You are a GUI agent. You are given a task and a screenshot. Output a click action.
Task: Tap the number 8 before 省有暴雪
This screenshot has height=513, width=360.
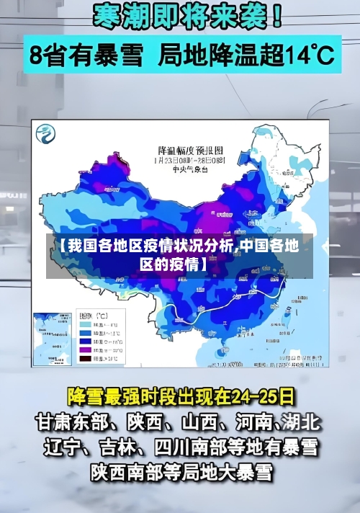point(38,54)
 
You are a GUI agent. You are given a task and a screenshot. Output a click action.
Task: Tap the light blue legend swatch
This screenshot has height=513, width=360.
point(84,325)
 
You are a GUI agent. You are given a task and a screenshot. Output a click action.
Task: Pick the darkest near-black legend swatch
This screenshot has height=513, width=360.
point(84,357)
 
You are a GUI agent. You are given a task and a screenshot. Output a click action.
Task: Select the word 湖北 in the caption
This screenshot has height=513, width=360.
point(301,421)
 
